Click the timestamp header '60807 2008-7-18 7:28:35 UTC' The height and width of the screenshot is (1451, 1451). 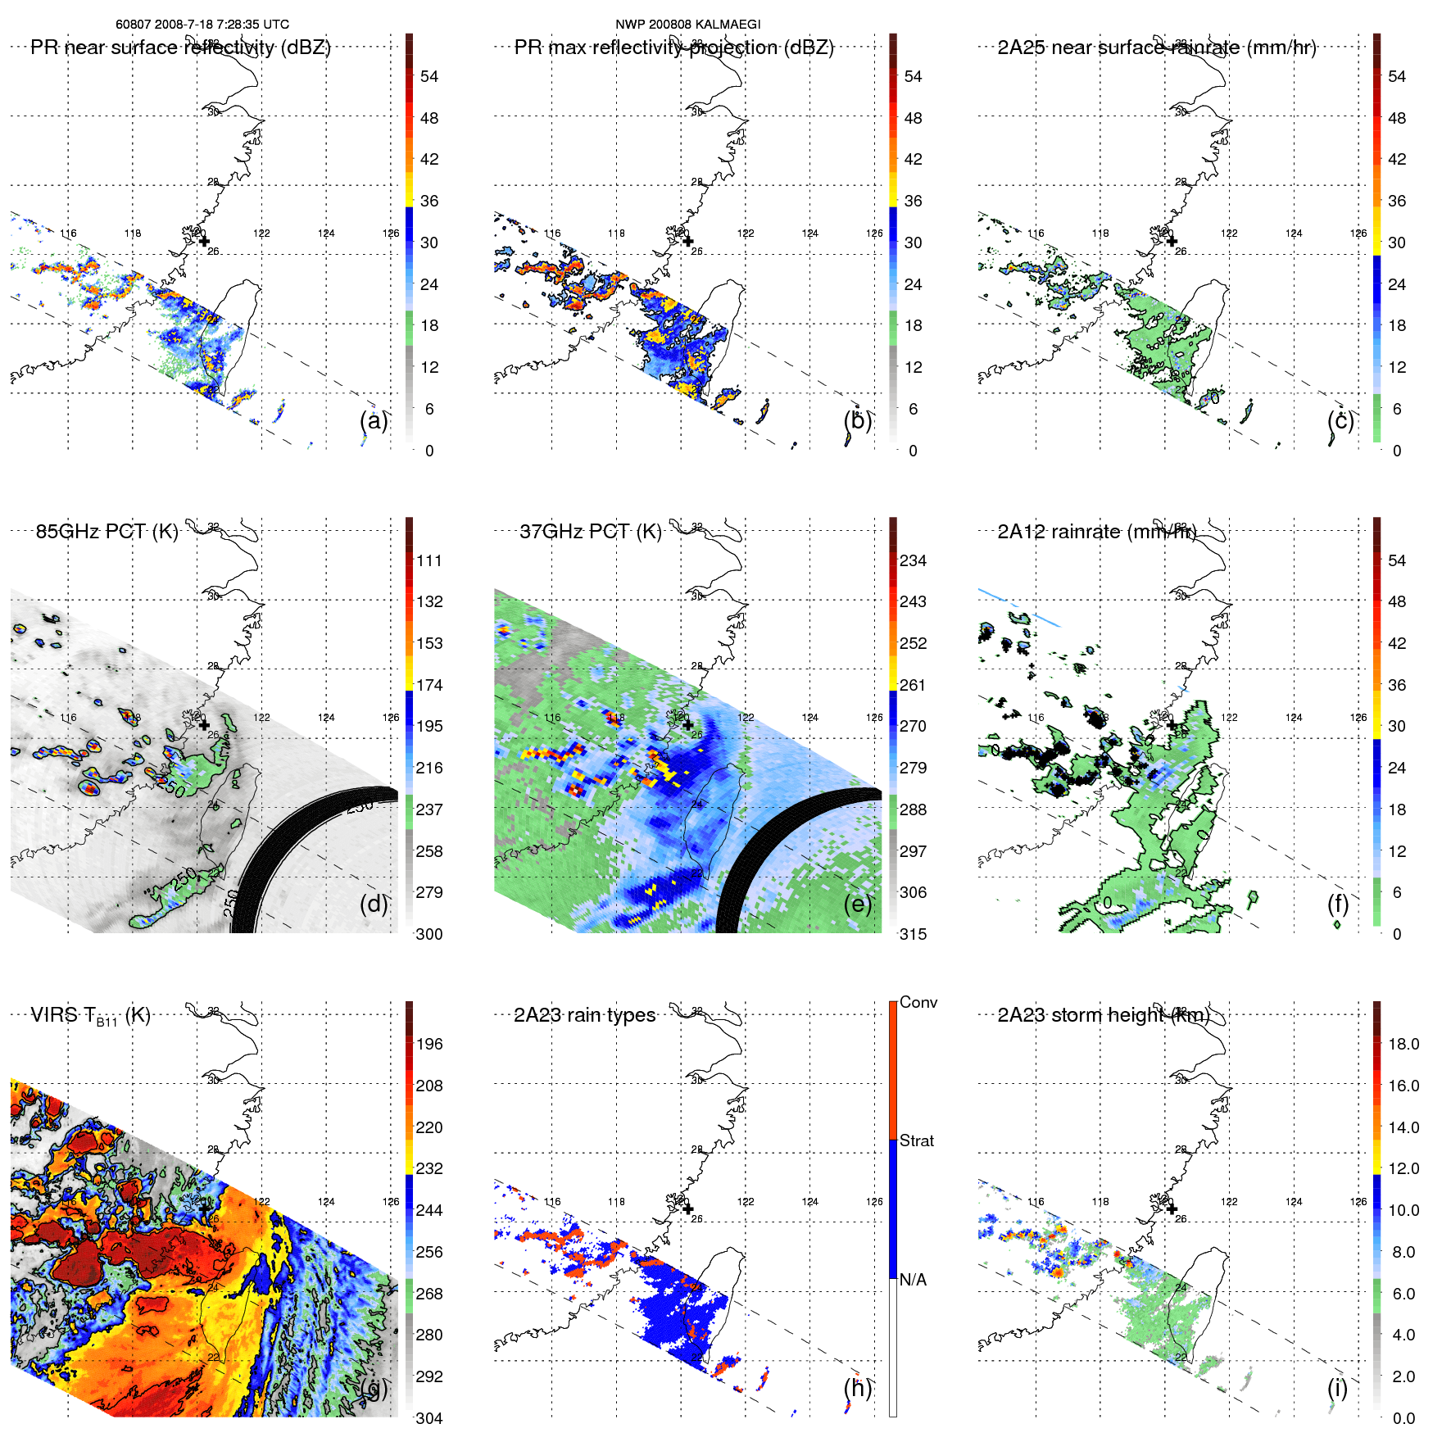coord(202,25)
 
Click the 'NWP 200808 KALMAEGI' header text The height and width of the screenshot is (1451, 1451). coord(688,25)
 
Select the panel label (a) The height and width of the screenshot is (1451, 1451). coord(374,420)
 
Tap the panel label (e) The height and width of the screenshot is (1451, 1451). coord(858,904)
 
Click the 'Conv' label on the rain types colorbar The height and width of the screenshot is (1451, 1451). coord(918,1002)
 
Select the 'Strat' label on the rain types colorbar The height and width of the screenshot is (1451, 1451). coord(917,1140)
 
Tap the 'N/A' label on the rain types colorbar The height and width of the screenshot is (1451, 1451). coord(913,1280)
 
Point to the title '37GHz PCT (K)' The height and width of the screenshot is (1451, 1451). coord(591,531)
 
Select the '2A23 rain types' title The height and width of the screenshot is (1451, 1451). coord(584,1015)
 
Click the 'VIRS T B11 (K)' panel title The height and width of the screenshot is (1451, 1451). coord(90,1016)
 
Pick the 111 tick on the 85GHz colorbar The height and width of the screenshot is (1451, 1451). coord(429,560)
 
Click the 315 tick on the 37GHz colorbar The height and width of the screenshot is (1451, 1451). coord(913,934)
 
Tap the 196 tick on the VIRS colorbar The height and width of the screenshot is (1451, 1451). coord(429,1044)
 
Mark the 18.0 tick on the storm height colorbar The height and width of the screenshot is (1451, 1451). coord(1403,1044)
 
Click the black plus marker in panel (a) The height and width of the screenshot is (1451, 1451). coord(204,241)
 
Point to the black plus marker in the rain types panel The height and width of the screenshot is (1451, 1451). coord(688,1209)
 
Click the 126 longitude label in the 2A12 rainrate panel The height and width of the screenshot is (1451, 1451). coord(1358,718)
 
